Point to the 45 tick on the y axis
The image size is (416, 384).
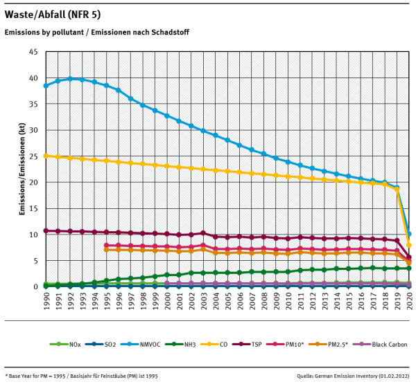pyautogui.click(x=34, y=52)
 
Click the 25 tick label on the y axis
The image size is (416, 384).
pyautogui.click(x=34, y=156)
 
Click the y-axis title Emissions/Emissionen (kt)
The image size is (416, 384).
pyautogui.click(x=22, y=169)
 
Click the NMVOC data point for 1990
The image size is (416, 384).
pyautogui.click(x=46, y=86)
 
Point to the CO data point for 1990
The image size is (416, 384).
pyautogui.click(x=46, y=156)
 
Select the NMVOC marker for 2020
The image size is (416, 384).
pyautogui.click(x=409, y=233)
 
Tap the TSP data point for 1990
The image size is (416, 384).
pyautogui.click(x=46, y=230)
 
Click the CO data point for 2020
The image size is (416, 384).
pyautogui.click(x=409, y=245)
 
